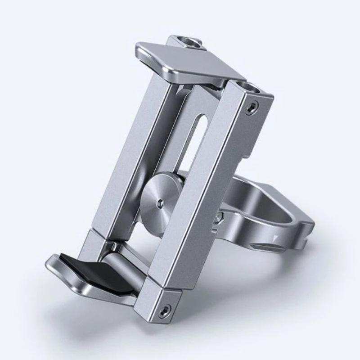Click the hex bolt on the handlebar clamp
219,217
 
